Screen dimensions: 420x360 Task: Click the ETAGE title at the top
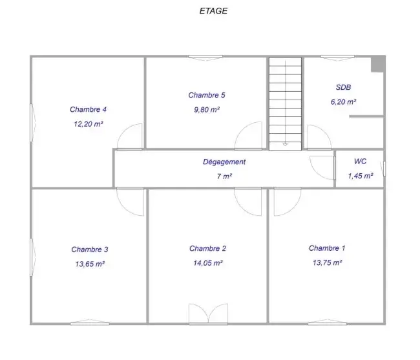pyautogui.click(x=213, y=11)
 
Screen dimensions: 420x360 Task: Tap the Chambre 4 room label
pyautogui.click(x=88, y=109)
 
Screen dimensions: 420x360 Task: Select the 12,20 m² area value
pyautogui.click(x=89, y=124)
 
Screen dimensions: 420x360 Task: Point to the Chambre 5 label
pyautogui.click(x=207, y=95)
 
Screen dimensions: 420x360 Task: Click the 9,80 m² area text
pyautogui.click(x=207, y=110)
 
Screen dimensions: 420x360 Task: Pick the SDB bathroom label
pyautogui.click(x=343, y=87)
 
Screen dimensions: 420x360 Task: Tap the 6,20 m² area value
pyautogui.click(x=343, y=101)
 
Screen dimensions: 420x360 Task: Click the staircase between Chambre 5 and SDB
pyautogui.click(x=285, y=103)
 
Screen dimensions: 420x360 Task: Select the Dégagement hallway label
pyautogui.click(x=224, y=162)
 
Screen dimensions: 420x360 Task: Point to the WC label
pyautogui.click(x=361, y=161)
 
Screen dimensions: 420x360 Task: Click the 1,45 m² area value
pyautogui.click(x=361, y=176)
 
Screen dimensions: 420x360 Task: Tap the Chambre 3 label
pyautogui.click(x=90, y=249)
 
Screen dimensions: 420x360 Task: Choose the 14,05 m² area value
pyautogui.click(x=208, y=263)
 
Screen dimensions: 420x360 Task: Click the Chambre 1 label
pyautogui.click(x=327, y=248)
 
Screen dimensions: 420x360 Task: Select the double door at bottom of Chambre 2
pyautogui.click(x=209, y=313)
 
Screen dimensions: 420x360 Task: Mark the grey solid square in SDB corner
pyautogui.click(x=378, y=64)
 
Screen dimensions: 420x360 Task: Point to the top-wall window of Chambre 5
pyautogui.click(x=205, y=58)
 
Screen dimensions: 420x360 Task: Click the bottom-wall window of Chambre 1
pyautogui.click(x=327, y=323)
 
